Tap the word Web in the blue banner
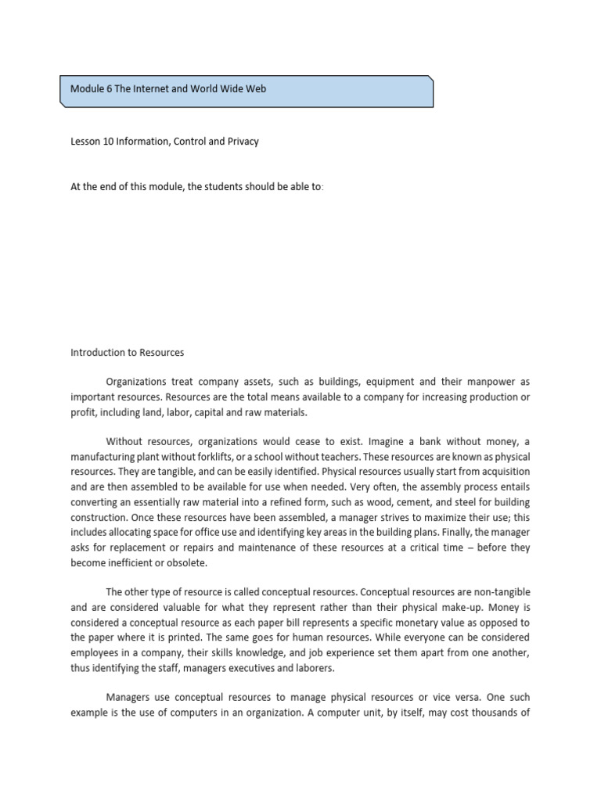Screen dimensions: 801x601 (256, 89)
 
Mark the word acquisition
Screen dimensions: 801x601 (498, 472)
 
